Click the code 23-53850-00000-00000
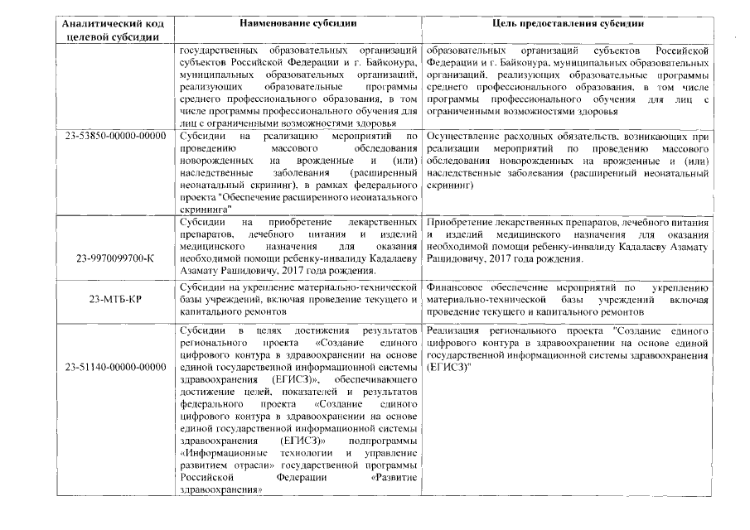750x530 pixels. click(x=114, y=135)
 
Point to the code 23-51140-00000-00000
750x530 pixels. click(x=114, y=366)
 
